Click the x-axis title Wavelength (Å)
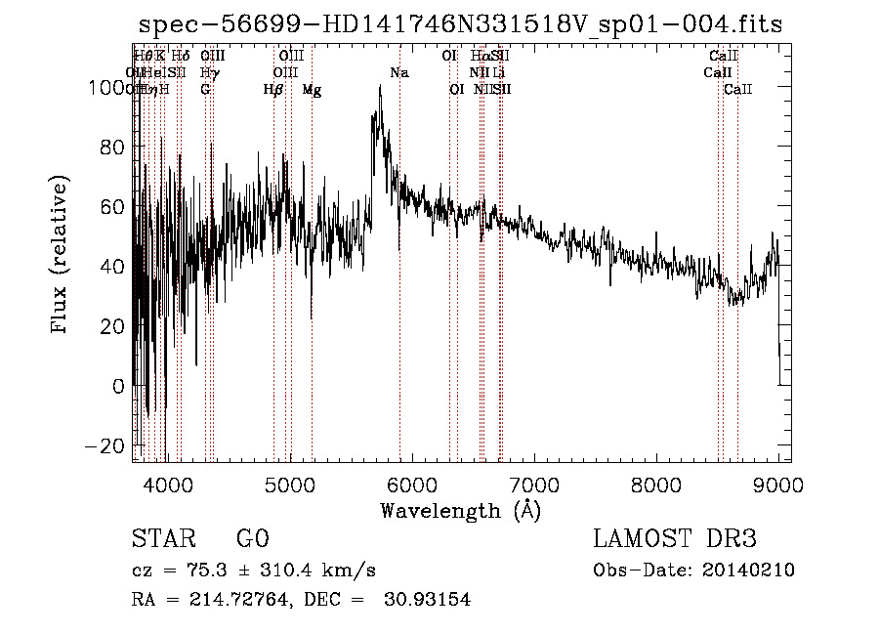[460, 510]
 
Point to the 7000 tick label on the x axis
[534, 485]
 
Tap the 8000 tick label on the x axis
[656, 485]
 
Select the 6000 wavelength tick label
[412, 485]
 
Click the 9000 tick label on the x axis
[778, 485]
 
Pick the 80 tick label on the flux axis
[112, 148]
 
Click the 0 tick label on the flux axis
[119, 386]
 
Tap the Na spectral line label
[399, 73]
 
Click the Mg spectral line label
[312, 90]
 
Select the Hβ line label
[273, 90]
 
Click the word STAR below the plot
[161, 539]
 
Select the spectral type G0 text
[252, 539]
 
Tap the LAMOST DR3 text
[675, 539]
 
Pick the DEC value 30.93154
[425, 600]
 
